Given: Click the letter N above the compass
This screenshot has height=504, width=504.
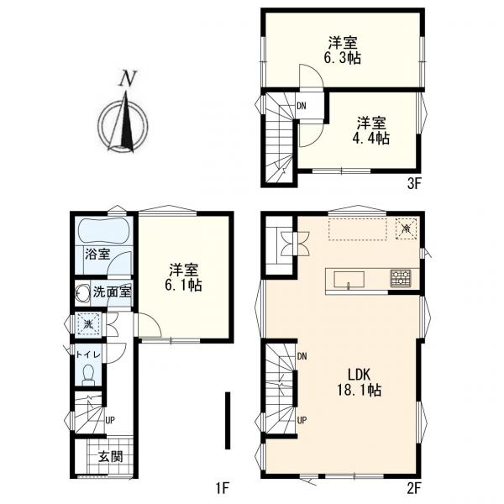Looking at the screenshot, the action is click(x=128, y=78).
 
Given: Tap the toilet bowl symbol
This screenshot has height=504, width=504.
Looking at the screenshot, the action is click(x=87, y=375).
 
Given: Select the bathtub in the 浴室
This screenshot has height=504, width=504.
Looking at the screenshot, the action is click(x=104, y=231).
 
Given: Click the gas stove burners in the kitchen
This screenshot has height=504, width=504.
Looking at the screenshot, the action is click(x=401, y=278).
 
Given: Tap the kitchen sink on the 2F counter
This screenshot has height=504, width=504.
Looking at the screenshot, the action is click(x=349, y=280).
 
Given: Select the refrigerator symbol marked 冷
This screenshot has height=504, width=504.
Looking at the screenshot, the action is click(x=407, y=228).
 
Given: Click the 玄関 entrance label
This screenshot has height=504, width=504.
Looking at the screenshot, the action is click(x=110, y=456).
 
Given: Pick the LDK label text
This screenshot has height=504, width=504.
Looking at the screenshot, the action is click(x=359, y=375).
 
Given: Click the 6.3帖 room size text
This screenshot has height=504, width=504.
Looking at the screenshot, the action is click(x=342, y=59).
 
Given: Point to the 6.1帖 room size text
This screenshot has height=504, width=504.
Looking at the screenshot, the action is click(x=183, y=285).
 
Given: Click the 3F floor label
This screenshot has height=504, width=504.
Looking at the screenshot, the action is click(x=414, y=184).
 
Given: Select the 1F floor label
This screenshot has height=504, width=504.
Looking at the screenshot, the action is click(x=222, y=489).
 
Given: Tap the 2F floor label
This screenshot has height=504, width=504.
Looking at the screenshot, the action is click(x=413, y=489).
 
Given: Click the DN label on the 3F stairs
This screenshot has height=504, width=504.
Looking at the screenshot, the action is click(x=302, y=106).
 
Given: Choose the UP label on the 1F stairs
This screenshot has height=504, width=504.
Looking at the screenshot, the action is click(x=110, y=421).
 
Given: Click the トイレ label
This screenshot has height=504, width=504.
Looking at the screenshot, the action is click(x=88, y=354).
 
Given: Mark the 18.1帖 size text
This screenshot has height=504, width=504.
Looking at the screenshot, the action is click(x=359, y=390).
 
